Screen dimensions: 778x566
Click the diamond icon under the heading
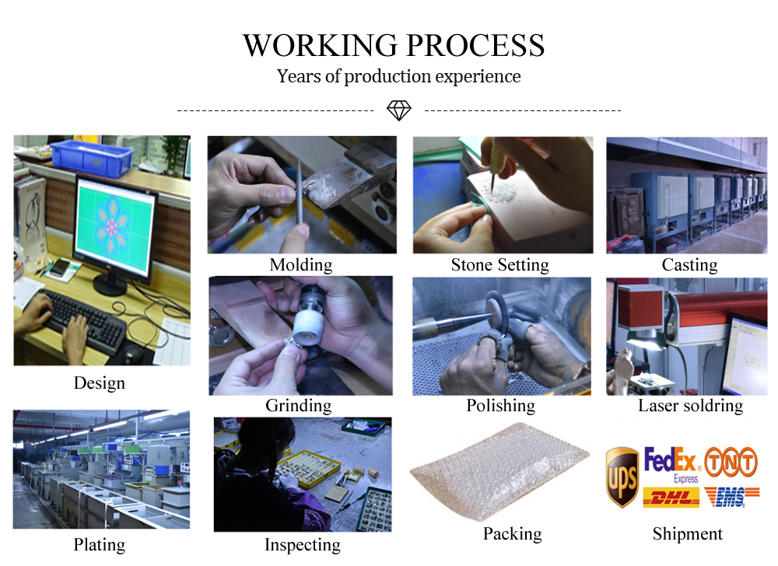click(x=399, y=110)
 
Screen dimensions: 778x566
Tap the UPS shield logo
click(x=622, y=477)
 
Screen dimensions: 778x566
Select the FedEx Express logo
click(x=672, y=464)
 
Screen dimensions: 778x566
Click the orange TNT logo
click(x=731, y=462)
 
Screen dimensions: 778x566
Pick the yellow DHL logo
click(x=671, y=497)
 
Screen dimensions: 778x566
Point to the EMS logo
click(x=731, y=497)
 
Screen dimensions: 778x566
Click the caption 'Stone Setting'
click(x=499, y=265)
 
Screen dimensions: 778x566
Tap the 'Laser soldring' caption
click(x=690, y=405)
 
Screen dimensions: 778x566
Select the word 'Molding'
click(x=300, y=265)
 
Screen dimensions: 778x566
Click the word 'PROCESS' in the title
click(x=475, y=46)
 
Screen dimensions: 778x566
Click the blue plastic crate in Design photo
click(x=92, y=157)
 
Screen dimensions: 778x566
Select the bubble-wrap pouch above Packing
click(x=500, y=470)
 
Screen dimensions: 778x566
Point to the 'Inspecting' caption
click(x=302, y=545)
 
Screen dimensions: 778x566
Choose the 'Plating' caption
click(x=100, y=545)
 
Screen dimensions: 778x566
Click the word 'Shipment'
click(x=687, y=534)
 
